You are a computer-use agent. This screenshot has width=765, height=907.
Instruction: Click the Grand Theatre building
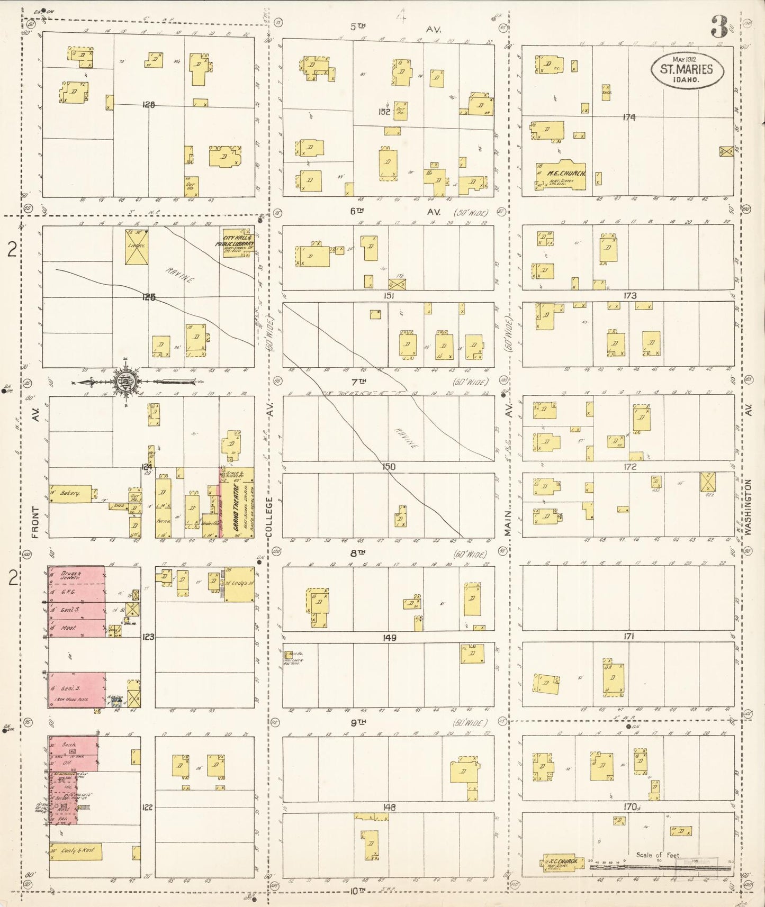tap(237, 503)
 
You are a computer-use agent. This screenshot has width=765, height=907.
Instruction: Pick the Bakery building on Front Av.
tap(70, 493)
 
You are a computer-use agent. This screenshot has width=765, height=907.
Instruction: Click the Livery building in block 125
tap(137, 247)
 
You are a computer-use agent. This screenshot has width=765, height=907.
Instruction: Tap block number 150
tap(389, 467)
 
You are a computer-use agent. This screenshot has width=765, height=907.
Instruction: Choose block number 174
tap(629, 117)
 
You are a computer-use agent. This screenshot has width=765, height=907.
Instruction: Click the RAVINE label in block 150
tap(406, 438)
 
